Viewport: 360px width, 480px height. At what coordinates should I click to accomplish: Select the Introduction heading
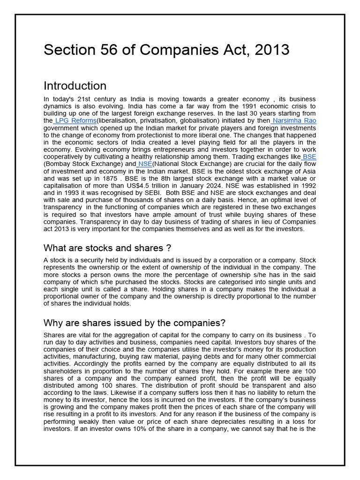coord(75,86)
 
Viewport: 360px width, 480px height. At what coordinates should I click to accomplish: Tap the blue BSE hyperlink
coord(309,157)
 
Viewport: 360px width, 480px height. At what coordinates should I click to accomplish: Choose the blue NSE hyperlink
coord(145,164)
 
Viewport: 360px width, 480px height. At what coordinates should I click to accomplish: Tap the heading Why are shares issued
coord(135,323)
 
